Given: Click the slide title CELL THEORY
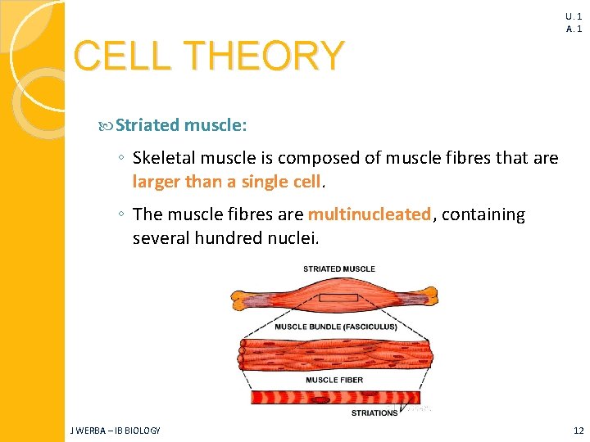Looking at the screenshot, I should point(208,56).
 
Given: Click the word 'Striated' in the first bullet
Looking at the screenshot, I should point(147,125).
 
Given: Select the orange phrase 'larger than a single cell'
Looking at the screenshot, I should point(227,182).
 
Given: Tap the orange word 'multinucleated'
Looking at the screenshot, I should point(370,214).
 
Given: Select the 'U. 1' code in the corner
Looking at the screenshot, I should point(574,16).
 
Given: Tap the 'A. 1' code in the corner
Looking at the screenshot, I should point(574,29).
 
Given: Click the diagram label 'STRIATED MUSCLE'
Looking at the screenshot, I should point(338,268).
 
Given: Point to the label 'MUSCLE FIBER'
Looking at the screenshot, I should point(334,380).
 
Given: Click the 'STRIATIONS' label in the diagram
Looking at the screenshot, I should point(374,413).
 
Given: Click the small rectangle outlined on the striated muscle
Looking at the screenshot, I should point(338,296).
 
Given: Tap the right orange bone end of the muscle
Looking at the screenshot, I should point(432,295).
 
